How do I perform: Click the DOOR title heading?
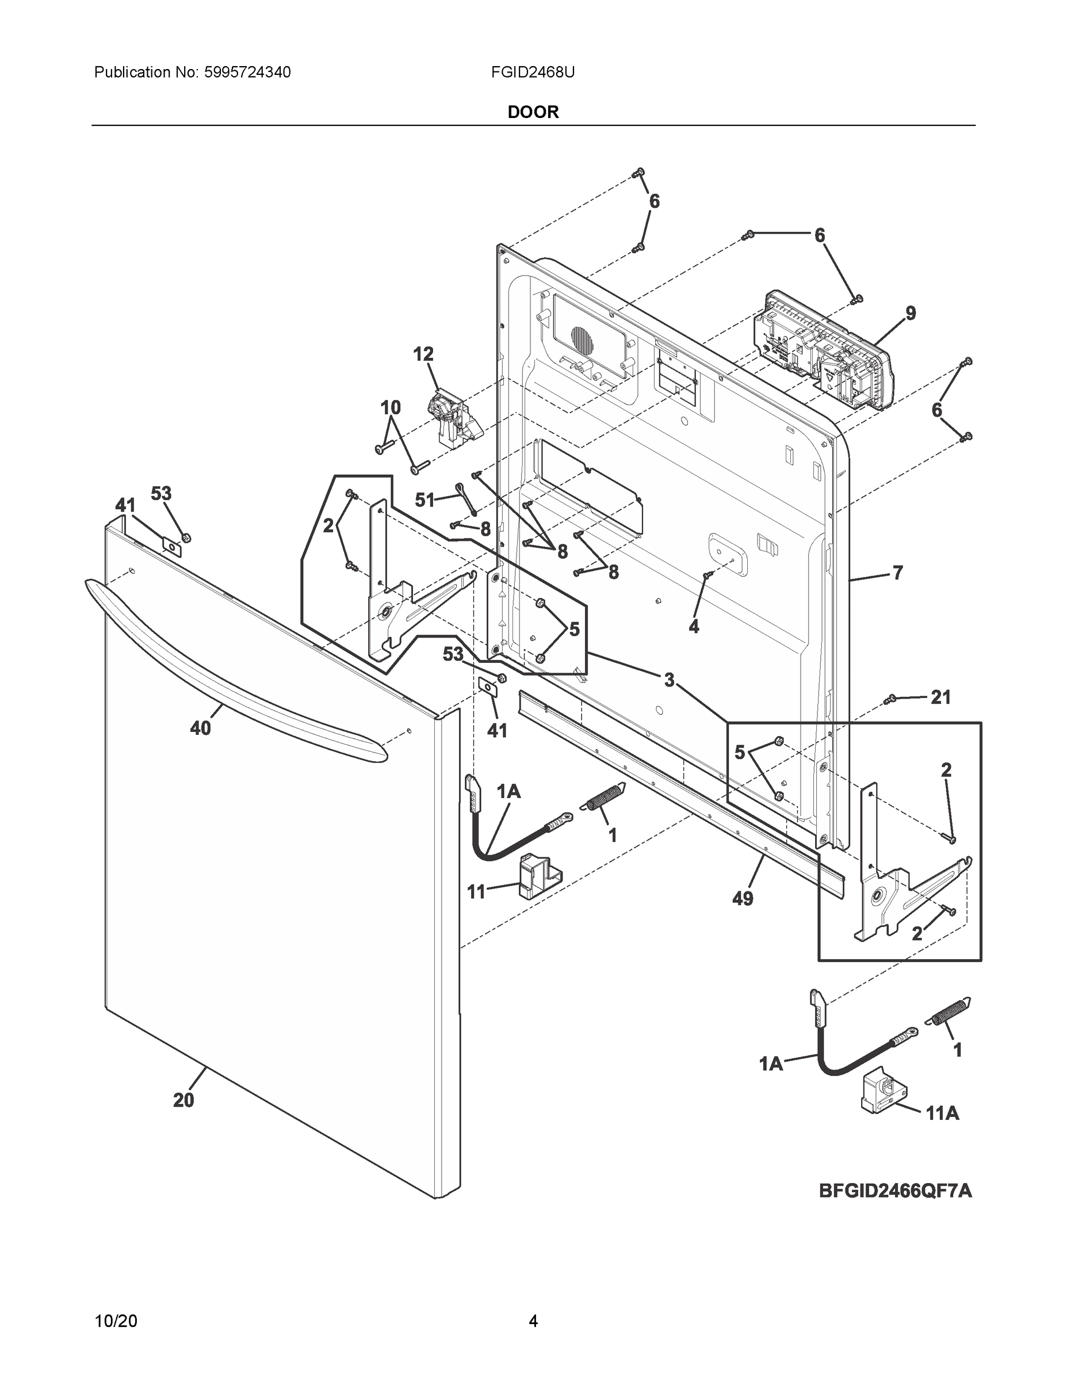click(533, 113)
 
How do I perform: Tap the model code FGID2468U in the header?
click(533, 73)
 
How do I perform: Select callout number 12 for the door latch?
click(423, 354)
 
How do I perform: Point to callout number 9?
click(910, 313)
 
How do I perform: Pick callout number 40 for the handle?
click(200, 728)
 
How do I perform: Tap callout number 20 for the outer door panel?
click(183, 1100)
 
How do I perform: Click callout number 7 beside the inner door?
click(897, 573)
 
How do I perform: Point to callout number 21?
click(940, 697)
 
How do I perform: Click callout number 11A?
click(943, 1131)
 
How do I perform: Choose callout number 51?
click(424, 500)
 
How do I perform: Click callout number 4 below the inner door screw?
click(694, 627)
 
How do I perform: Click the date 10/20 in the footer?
click(116, 1321)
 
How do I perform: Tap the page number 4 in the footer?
click(533, 1321)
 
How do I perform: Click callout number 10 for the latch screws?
click(391, 408)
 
